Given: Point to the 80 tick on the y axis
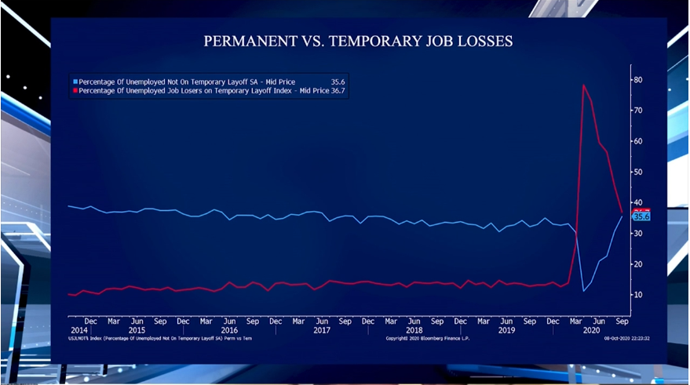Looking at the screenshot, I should point(639,80).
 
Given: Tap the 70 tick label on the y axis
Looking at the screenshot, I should point(639,111).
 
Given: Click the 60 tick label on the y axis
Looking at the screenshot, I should point(639,141).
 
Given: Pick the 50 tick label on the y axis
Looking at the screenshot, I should point(639,172).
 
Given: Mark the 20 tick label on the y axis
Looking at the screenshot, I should point(639,264).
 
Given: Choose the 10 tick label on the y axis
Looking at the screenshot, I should point(639,295).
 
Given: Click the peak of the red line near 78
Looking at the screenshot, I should point(583,85).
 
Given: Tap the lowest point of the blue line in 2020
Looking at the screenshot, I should point(584,291).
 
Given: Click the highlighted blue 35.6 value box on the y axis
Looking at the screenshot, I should point(641,217).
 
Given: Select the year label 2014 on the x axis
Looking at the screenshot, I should point(78,330).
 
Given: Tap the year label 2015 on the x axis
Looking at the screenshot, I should point(137,330).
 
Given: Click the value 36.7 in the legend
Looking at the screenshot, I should point(338,91).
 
